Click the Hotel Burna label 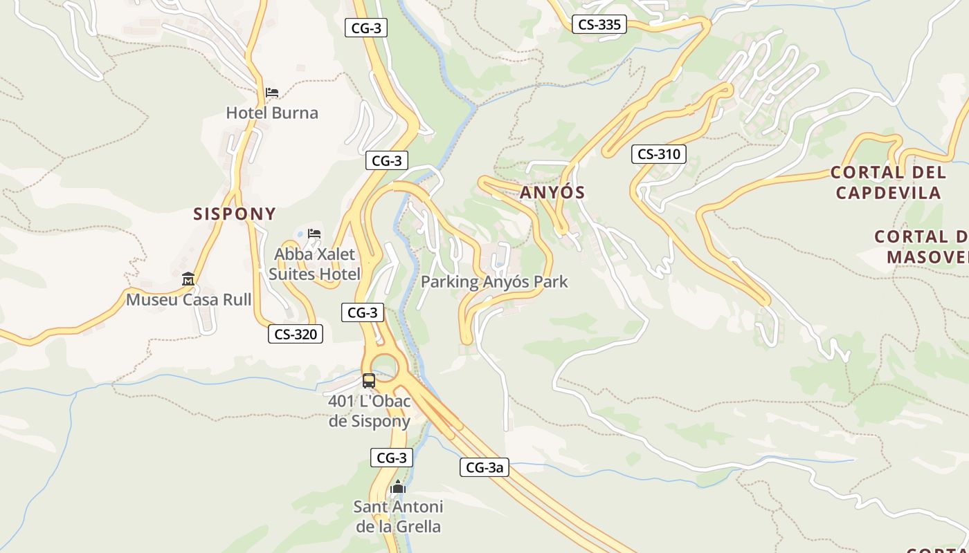[x=272, y=113]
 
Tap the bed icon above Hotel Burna [x=272, y=92]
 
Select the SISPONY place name [x=235, y=214]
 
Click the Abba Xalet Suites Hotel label [x=315, y=264]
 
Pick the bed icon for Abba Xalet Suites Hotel [x=314, y=234]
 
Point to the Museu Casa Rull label [x=188, y=299]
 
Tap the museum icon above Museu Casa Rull [x=188, y=279]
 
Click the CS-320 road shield [x=296, y=335]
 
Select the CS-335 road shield [x=599, y=25]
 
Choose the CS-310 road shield [x=658, y=154]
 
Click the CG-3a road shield [x=484, y=467]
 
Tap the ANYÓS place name [x=552, y=193]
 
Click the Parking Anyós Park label [x=494, y=281]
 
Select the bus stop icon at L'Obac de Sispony [x=369, y=380]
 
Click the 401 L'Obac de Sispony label [x=370, y=411]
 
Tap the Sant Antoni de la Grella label [x=398, y=516]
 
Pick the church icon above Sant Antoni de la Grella [x=397, y=487]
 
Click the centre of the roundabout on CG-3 [x=385, y=367]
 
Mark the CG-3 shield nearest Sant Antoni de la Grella [x=392, y=458]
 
